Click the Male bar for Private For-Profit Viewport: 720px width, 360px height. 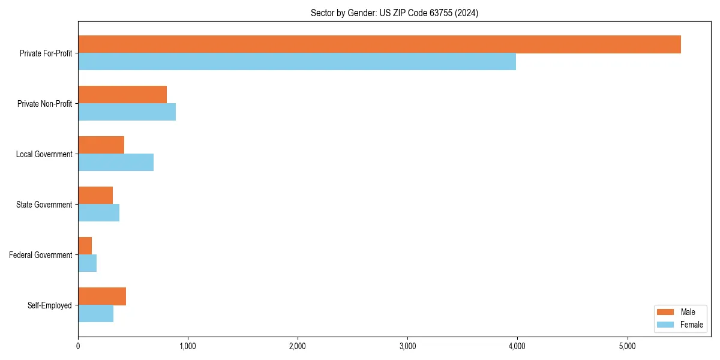[379, 44]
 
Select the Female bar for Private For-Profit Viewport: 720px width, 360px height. [297, 62]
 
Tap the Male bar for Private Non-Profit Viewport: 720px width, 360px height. [122, 95]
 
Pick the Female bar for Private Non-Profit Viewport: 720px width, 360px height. [127, 112]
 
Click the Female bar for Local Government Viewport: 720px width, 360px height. [116, 163]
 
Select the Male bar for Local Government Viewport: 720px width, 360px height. [101, 145]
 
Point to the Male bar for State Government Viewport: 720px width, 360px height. [95, 196]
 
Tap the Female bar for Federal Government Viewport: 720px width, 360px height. [87, 263]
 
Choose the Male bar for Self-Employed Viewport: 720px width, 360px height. [102, 296]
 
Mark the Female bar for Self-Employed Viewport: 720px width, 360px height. [95, 314]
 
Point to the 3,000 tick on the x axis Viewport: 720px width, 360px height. [407, 346]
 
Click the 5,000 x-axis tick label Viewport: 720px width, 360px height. [627, 346]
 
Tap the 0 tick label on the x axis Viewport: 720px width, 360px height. [78, 346]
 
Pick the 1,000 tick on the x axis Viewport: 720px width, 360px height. [188, 346]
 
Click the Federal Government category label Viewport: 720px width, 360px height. [41, 255]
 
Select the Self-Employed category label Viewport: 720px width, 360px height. [50, 305]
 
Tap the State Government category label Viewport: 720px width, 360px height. [44, 205]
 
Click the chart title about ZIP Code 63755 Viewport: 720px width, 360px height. [394, 13]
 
